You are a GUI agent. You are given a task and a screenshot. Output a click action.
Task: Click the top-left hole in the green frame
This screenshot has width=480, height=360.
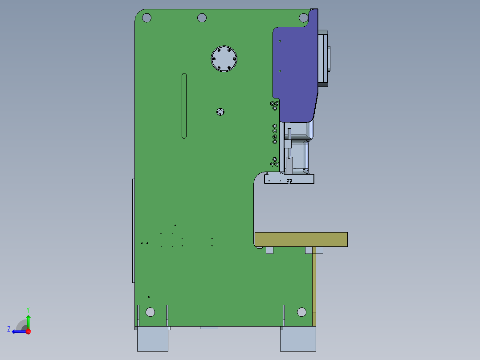(x=146, y=18)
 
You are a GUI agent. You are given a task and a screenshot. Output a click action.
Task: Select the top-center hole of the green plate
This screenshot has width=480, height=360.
(x=202, y=18)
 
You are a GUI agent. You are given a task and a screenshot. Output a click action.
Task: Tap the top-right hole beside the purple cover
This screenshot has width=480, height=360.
(x=303, y=18)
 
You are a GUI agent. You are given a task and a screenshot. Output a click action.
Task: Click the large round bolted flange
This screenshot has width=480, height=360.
(x=224, y=58)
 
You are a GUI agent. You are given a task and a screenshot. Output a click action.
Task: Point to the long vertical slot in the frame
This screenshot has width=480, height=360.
(x=184, y=106)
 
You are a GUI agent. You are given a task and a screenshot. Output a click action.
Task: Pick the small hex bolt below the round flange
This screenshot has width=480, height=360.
(x=220, y=111)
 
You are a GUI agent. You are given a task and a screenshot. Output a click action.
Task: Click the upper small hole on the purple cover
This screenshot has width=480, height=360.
(x=280, y=41)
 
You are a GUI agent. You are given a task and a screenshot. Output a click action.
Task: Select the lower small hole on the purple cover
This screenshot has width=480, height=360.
(x=280, y=71)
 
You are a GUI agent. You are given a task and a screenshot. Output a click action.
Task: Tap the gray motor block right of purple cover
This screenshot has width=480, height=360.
(x=323, y=58)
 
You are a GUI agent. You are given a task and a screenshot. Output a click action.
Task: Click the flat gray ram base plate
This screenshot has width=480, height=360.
(x=289, y=179)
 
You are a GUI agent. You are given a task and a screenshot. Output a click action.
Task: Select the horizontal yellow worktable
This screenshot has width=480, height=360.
(x=301, y=239)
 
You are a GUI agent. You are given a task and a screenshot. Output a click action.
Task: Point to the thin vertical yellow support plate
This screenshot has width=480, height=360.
(x=314, y=281)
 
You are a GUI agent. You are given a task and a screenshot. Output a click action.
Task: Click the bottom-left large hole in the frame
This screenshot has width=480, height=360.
(x=150, y=312)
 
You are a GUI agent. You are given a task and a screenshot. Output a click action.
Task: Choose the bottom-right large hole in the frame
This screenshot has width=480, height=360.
(x=301, y=312)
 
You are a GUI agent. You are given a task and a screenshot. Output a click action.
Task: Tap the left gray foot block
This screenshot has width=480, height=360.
(x=152, y=340)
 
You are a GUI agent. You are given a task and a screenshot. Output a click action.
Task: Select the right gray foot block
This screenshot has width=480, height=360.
(x=298, y=340)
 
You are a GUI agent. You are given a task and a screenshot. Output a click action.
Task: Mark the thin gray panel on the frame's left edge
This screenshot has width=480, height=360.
(x=133, y=230)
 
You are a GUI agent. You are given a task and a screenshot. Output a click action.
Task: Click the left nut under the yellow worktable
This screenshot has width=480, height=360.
(x=269, y=250)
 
